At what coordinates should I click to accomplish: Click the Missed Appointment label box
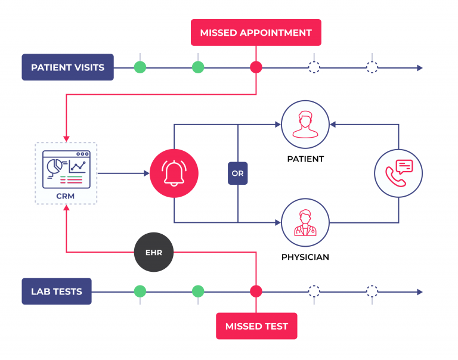(256, 32)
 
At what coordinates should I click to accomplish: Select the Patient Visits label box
(67, 67)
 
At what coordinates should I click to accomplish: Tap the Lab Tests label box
(57, 291)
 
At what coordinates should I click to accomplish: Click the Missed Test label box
(256, 326)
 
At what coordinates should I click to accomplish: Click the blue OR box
(237, 174)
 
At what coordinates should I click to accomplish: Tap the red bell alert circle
(174, 173)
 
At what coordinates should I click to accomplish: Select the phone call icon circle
(398, 173)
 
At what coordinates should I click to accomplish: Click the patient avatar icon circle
(305, 125)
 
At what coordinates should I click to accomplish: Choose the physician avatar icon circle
(305, 223)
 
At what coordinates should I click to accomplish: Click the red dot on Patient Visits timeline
(256, 67)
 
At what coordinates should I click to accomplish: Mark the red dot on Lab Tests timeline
(256, 291)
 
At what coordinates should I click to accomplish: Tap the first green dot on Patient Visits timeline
(140, 67)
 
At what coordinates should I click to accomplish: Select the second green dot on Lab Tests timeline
(198, 291)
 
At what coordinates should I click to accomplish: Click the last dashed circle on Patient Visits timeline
(372, 67)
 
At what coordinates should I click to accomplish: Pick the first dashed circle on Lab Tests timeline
(314, 291)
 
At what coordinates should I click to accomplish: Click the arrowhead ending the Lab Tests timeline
(419, 292)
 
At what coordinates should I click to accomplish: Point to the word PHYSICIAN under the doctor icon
(305, 257)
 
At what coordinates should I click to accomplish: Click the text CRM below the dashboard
(66, 195)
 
